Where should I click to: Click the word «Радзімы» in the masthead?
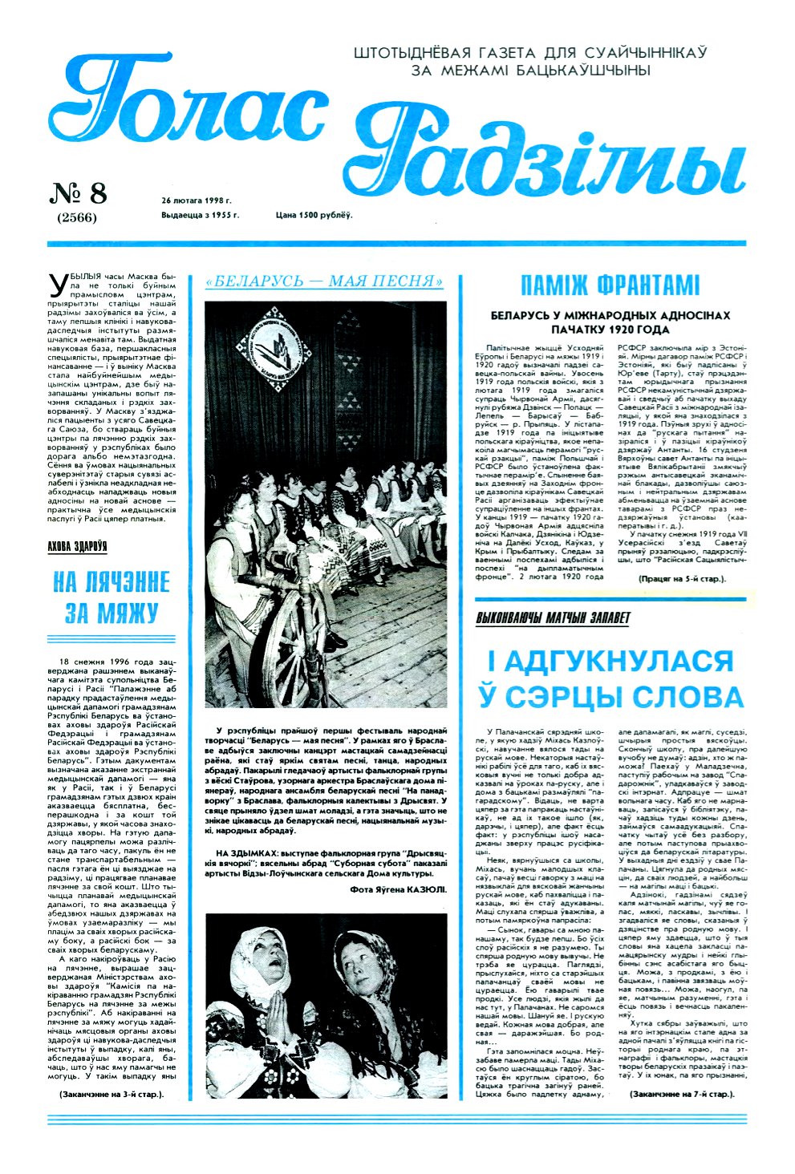point(546,156)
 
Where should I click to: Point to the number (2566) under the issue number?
point(77,217)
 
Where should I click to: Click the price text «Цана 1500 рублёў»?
point(314,215)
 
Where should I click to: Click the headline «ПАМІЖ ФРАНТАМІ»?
point(610,285)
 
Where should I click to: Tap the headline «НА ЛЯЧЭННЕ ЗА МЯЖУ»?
point(112,597)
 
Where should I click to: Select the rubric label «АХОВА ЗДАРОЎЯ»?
point(77,547)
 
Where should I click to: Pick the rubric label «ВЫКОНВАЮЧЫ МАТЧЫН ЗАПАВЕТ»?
point(553,618)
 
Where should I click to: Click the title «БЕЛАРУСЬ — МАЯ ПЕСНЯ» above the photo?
point(325,281)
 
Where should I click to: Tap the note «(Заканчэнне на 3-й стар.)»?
point(111,1094)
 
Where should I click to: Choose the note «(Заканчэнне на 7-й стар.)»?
point(682,1094)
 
